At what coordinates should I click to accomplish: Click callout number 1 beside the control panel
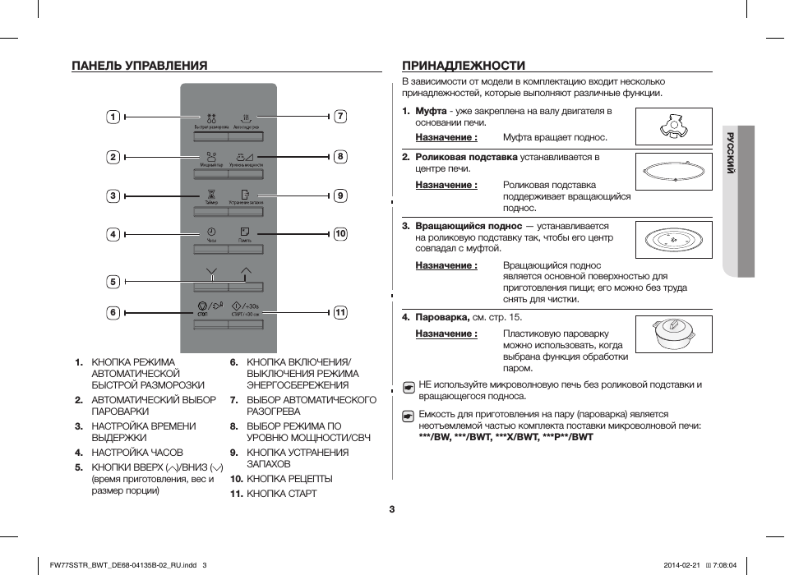(113, 117)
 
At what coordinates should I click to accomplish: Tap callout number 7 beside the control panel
(339, 117)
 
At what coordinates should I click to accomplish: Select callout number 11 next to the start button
(339, 312)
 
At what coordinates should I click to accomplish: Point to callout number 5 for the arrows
(113, 282)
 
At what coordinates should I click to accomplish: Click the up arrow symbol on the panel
(246, 271)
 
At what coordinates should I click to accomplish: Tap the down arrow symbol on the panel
(211, 271)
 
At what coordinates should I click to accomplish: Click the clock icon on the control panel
(211, 232)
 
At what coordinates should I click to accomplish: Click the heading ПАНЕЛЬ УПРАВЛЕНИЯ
(139, 65)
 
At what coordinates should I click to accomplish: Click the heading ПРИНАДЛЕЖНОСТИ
(464, 65)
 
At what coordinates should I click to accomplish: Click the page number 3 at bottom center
(392, 509)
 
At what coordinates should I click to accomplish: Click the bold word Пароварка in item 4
(442, 317)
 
